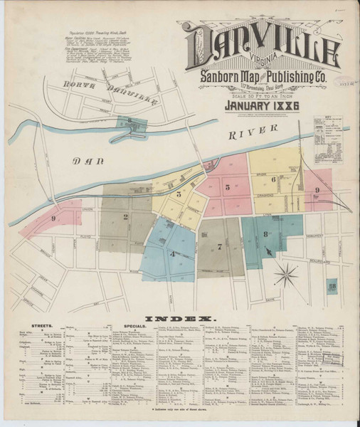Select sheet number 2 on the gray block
pyautogui.click(x=126, y=217)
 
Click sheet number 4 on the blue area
pyautogui.click(x=172, y=253)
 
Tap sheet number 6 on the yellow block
pyautogui.click(x=272, y=180)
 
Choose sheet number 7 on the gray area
pyautogui.click(x=220, y=247)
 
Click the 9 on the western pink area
pyautogui.click(x=53, y=219)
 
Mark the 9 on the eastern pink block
pyautogui.click(x=317, y=190)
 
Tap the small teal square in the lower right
pyautogui.click(x=332, y=288)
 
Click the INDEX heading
pyautogui.click(x=180, y=317)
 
